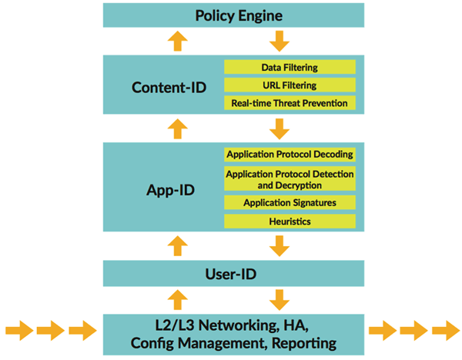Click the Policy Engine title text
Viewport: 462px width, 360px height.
(x=233, y=15)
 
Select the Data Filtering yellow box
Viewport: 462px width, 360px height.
(x=290, y=68)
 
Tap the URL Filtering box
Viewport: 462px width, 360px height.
(x=290, y=85)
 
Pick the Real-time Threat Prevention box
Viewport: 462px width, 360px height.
(x=290, y=102)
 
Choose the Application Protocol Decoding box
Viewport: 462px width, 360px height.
(x=290, y=154)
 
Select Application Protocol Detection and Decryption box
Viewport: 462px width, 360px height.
(x=290, y=179)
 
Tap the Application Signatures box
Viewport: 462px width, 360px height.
(x=290, y=203)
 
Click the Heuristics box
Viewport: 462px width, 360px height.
(x=290, y=221)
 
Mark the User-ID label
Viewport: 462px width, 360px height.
(x=233, y=272)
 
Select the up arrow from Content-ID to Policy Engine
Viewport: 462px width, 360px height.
(x=178, y=41)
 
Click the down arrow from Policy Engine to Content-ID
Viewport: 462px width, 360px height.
(x=280, y=41)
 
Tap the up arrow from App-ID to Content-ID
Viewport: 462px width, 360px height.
(x=178, y=128)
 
